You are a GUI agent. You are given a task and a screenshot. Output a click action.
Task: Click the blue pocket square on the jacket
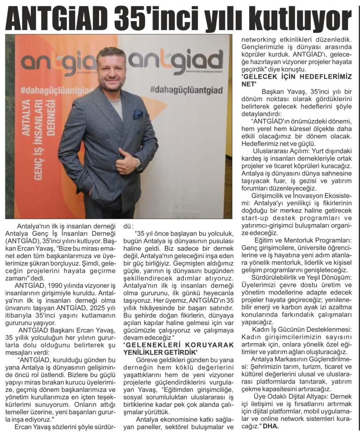[x=138, y=114]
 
